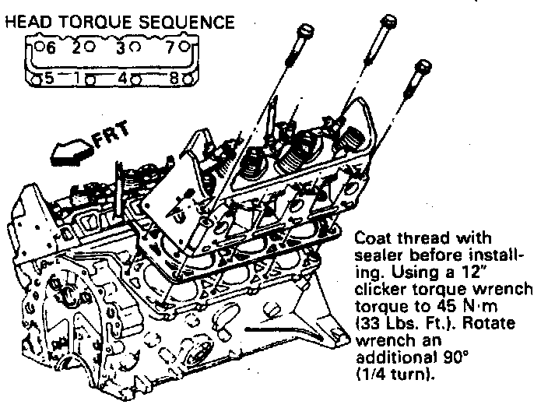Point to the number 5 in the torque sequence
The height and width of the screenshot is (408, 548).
click(48, 78)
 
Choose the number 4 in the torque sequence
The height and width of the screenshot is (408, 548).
click(123, 78)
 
